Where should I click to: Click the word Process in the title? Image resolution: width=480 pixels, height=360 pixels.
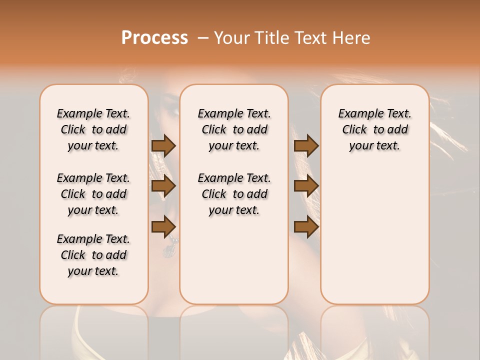pos(154,38)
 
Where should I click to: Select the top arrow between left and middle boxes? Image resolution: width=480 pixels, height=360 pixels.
pos(163,145)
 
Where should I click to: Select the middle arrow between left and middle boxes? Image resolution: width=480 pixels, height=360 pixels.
pos(163,186)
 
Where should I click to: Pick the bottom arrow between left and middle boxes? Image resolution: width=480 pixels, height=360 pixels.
pos(163,227)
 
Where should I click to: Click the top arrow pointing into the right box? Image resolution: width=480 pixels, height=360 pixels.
pos(306,145)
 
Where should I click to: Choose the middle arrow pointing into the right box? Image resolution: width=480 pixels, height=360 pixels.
pos(306,186)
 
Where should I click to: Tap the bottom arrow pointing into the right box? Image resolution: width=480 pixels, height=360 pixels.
pos(306,227)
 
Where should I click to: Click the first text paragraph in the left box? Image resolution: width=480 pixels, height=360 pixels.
pos(93,129)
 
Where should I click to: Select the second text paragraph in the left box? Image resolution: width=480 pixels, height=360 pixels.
pos(93,194)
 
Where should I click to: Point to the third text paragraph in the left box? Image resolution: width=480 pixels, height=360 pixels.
pos(93,255)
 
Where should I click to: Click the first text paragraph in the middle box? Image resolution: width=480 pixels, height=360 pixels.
pos(234,129)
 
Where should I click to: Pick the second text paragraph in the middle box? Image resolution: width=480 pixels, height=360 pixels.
pos(234,194)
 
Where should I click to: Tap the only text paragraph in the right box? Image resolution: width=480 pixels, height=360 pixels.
pos(374,129)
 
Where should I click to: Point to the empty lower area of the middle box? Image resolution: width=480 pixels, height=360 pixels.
pos(234,260)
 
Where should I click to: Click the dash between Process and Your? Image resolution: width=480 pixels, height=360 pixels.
pos(203,38)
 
